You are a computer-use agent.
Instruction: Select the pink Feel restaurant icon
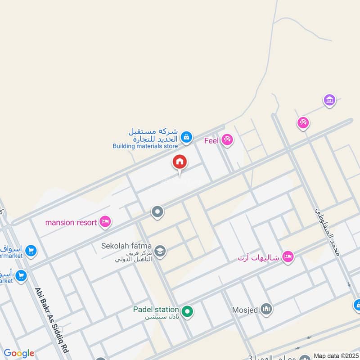[227, 140]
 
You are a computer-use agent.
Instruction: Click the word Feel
[211, 140]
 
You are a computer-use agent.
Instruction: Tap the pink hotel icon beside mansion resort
[106, 221]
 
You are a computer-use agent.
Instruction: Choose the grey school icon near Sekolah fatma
[159, 251]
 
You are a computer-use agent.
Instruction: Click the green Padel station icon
[187, 310]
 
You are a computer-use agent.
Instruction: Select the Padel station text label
[156, 309]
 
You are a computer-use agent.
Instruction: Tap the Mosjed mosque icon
[267, 309]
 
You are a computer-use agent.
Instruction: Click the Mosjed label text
[245, 310]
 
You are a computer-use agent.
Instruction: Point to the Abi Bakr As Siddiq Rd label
[46, 315]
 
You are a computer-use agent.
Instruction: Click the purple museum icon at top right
[330, 100]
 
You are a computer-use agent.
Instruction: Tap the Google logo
[19, 353]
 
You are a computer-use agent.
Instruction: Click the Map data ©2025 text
[336, 355]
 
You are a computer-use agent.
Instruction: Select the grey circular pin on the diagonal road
[157, 211]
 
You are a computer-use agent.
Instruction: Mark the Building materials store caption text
[145, 146]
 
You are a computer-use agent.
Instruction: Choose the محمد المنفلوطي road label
[328, 229]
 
